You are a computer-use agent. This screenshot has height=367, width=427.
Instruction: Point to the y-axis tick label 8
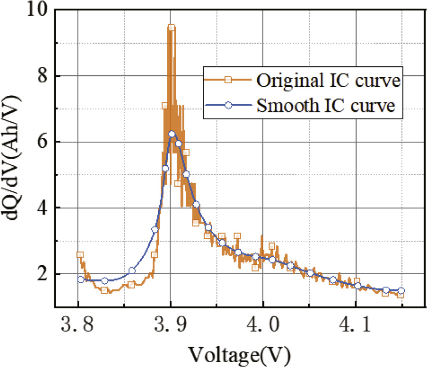42,76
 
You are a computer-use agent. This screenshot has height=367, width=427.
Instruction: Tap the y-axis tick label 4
42,208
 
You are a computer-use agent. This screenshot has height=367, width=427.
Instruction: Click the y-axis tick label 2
42,274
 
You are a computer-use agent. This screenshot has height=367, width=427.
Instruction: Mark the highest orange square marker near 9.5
171,27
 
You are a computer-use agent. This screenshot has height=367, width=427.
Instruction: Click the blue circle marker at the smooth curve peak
172,134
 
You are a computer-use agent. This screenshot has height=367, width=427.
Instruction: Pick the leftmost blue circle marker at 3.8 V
81,279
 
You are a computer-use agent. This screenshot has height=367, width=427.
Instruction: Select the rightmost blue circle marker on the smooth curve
401,291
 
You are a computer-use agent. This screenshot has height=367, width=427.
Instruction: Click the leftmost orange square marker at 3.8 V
79,255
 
